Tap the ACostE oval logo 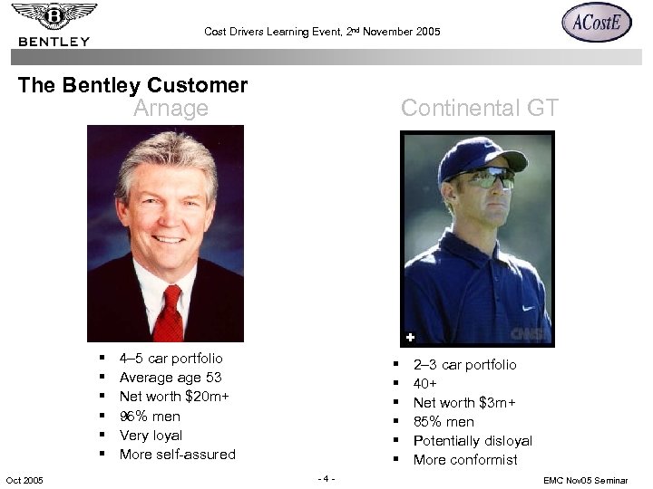pos(596,23)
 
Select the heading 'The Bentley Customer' pos(132,86)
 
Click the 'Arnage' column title pos(171,109)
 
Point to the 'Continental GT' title pos(480,109)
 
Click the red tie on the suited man pos(169,312)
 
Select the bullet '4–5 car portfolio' pos(171,359)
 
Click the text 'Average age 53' pos(171,378)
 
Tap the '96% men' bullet pos(150,417)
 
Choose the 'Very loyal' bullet pos(151,436)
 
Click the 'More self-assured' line pos(177,455)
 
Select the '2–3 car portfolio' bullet pos(464,365)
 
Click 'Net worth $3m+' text pos(464,403)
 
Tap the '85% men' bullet pos(443,422)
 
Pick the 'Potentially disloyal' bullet pos(473,441)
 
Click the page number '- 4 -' pos(326,478)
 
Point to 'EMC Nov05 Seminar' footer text pos(586,480)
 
